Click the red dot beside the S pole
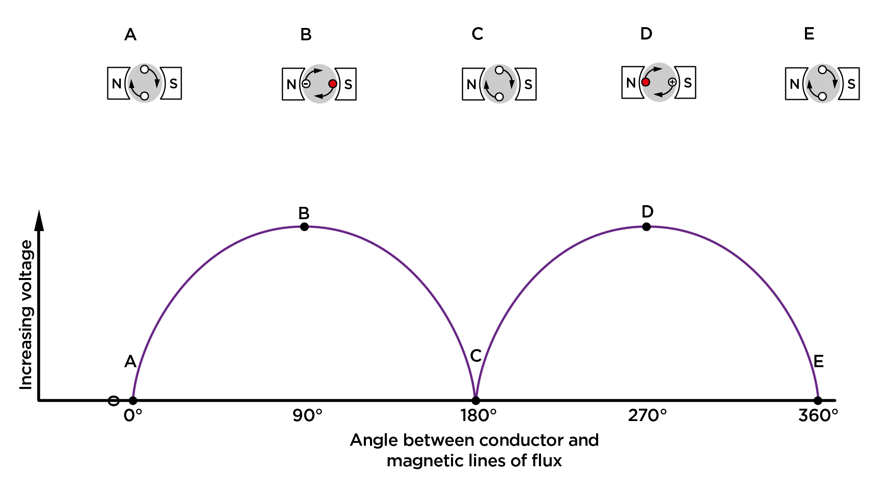pyautogui.click(x=333, y=84)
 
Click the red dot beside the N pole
pyautogui.click(x=646, y=82)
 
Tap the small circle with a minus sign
pyautogui.click(x=306, y=84)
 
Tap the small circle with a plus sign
pyautogui.click(x=672, y=82)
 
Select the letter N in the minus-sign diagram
pyautogui.click(x=291, y=85)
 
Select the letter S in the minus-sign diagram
pyautogui.click(x=348, y=85)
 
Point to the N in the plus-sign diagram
pyautogui.click(x=631, y=83)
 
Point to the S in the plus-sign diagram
pyautogui.click(x=688, y=83)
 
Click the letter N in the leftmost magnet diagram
pyautogui.click(x=117, y=84)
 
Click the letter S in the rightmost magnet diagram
pyautogui.click(x=851, y=84)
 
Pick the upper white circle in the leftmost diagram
pyautogui.click(x=144, y=69)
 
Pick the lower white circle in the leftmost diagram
pyautogui.click(x=144, y=96)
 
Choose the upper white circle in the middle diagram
pyautogui.click(x=499, y=70)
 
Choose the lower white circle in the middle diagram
pyautogui.click(x=499, y=97)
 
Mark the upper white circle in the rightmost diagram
pyautogui.click(x=822, y=70)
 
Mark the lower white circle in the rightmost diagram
pyautogui.click(x=822, y=97)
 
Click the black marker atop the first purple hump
pyautogui.click(x=304, y=227)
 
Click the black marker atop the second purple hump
pyautogui.click(x=646, y=227)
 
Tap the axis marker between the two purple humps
pyautogui.click(x=476, y=400)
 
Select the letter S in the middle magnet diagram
pyautogui.click(x=528, y=85)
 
